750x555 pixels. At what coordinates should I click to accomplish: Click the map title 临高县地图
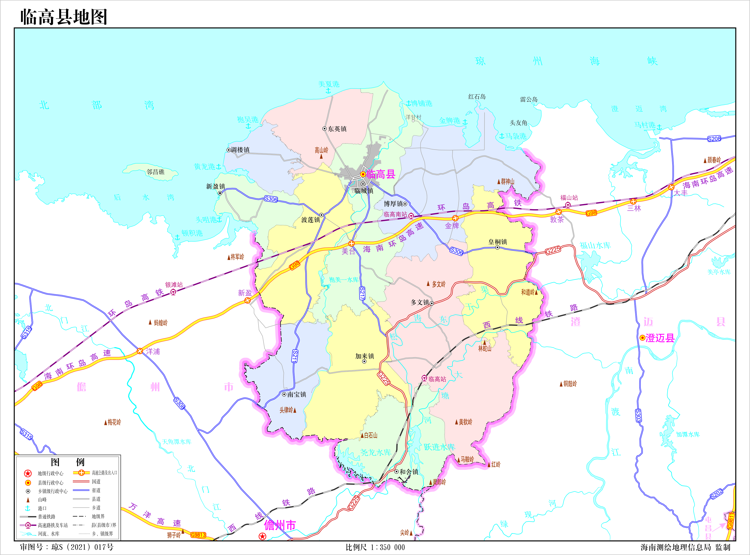point(64,17)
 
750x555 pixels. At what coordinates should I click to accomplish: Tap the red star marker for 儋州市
point(262,536)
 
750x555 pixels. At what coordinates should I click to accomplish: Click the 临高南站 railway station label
point(395,214)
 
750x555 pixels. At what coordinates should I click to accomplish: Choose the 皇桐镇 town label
point(498,242)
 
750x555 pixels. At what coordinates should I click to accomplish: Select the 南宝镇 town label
point(297,394)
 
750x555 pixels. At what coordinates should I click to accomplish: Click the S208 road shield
point(714,139)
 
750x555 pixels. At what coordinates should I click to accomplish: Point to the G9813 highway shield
point(198,535)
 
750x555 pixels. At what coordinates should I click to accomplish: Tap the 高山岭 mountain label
point(321,150)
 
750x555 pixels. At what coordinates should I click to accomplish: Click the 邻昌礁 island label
point(156,172)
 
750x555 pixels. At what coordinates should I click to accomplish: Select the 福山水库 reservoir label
point(595,246)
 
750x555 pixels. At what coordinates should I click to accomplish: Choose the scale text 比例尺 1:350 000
point(375,547)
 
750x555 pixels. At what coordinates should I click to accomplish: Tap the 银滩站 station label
point(174,285)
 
